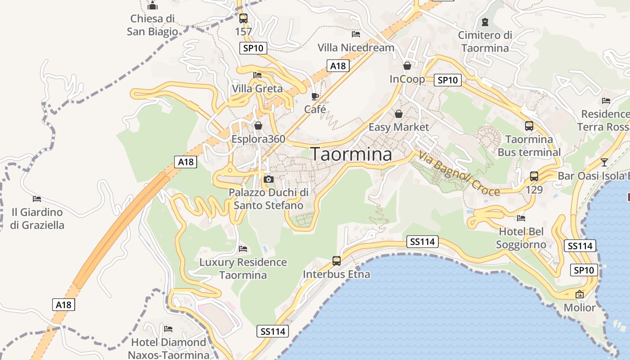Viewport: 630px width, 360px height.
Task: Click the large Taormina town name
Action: click(351, 154)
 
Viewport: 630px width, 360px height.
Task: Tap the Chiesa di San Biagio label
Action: click(152, 25)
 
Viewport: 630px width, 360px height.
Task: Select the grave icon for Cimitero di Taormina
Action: click(485, 22)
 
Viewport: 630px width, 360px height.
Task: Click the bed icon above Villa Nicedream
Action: click(356, 34)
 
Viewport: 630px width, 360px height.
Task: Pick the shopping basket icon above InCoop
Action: click(407, 66)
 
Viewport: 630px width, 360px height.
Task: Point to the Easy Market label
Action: click(399, 127)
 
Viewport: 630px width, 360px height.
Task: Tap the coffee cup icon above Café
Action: click(315, 96)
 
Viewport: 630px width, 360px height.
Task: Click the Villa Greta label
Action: click(257, 89)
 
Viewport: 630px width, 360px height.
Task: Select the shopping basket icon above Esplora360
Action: click(258, 126)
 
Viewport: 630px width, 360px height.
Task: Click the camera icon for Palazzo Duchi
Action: click(269, 180)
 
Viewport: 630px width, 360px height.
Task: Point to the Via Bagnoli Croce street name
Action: click(459, 173)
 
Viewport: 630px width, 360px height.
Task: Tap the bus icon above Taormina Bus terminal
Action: click(529, 126)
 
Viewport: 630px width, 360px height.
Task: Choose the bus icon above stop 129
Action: click(534, 176)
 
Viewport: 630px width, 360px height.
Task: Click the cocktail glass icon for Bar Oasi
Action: click(604, 162)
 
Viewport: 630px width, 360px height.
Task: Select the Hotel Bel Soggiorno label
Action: click(521, 238)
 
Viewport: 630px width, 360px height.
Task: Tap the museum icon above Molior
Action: click(580, 294)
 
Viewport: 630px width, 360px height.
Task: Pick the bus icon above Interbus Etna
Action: click(337, 261)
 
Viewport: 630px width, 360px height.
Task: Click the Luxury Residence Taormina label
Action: click(243, 268)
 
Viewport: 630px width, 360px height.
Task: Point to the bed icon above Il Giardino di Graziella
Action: click(37, 198)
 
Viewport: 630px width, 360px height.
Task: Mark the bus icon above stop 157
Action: click(243, 18)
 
